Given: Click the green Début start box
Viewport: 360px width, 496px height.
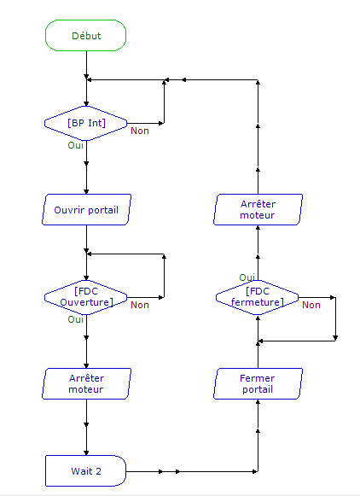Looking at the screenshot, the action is point(85,36).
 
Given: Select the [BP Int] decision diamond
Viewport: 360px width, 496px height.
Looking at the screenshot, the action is point(86,124).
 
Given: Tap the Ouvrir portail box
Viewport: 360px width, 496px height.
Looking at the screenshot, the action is point(86,210).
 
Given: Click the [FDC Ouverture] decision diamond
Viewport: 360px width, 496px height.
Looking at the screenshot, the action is point(86,297).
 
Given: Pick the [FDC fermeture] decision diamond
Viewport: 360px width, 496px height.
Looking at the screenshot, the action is point(258,297).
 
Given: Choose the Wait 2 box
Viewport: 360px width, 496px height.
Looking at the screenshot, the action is point(85,471).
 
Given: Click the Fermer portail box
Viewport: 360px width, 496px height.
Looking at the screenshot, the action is point(258,383).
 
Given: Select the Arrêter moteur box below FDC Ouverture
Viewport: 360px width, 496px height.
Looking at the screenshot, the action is point(86,383).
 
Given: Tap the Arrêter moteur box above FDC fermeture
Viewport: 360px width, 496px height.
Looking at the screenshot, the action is point(258,210).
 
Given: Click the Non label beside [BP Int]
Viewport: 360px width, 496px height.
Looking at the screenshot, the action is point(140,131).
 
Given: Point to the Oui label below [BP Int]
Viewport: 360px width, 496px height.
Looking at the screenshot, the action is point(76,145).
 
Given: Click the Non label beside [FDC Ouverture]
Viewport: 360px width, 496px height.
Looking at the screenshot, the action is point(140,305).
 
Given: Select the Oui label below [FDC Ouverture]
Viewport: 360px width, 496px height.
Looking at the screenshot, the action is point(76,319).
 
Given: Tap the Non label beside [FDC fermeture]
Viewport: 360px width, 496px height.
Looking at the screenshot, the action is point(311,305).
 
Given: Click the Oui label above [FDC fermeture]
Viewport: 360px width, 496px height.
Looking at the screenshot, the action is point(247,277).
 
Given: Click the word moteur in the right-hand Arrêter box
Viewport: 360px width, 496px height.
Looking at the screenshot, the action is point(258,215).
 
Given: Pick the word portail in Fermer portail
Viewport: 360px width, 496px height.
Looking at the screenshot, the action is point(258,389).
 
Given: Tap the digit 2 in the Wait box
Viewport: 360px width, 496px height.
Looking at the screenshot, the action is point(98,471).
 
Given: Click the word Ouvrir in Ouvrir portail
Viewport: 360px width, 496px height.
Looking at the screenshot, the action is point(67,210).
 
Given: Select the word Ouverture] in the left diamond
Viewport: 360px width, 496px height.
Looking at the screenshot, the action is point(86,302).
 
